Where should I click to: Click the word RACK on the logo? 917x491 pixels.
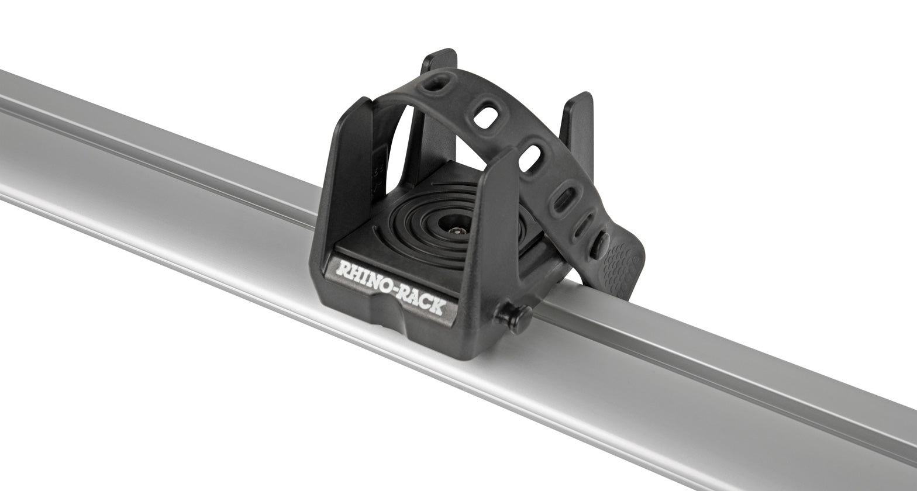tap(423, 299)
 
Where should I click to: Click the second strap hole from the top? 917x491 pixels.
tap(485, 117)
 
